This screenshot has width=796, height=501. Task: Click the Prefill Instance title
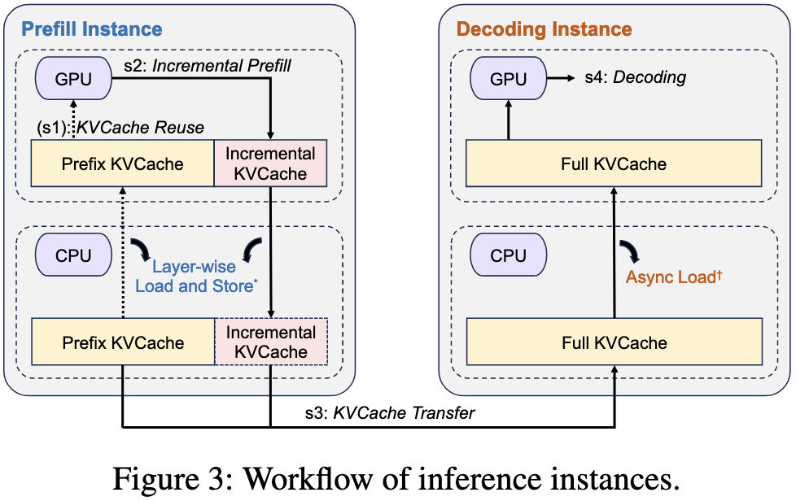pos(92,29)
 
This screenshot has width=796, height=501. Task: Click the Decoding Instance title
pos(544,29)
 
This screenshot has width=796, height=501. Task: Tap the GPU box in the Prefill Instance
pos(74,79)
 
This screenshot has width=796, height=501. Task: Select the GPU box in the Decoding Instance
pos(509,79)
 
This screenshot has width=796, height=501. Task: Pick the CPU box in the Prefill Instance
pos(74,255)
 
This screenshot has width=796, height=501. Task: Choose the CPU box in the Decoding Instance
pos(509,255)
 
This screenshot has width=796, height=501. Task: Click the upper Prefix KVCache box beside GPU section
pos(122,163)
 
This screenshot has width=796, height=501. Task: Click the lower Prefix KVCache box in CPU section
pos(122,342)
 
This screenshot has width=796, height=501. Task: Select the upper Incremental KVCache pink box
pos(270,163)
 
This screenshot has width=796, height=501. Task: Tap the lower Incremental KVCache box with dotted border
pos(270,342)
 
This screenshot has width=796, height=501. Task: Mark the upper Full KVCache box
pos(614,163)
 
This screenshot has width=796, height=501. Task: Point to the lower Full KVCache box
pos(614,342)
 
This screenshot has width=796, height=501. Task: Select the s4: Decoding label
pos(636,78)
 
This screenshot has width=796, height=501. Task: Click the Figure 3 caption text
pos(396,477)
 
